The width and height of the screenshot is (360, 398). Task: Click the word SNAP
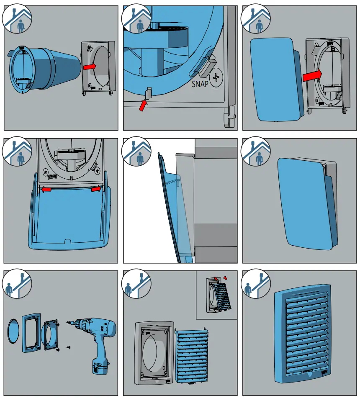200,83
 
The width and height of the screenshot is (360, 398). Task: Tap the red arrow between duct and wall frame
89,66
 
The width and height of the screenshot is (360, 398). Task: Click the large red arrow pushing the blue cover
312,75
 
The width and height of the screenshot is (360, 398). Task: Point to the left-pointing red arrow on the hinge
46,190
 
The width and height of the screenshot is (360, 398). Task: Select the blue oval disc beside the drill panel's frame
13,329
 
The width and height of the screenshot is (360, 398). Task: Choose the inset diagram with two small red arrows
216,295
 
